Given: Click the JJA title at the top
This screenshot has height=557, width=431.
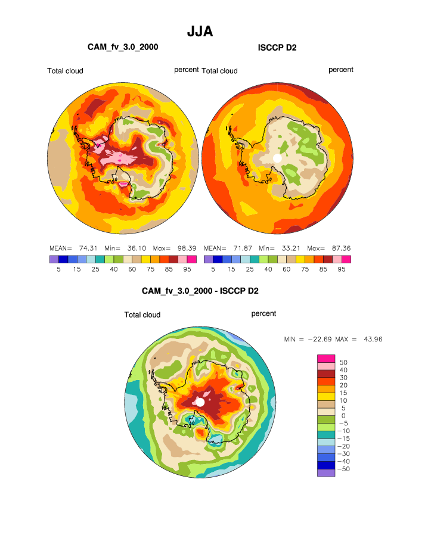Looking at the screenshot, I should pos(200,32).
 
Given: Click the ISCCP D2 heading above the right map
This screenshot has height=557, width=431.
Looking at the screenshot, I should pos(277,47).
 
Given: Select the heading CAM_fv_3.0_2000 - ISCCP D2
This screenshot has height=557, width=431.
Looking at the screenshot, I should pos(200,291).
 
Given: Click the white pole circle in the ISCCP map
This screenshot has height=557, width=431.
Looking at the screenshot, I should pos(277,158).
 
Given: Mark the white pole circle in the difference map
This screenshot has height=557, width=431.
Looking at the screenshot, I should pos(200,403).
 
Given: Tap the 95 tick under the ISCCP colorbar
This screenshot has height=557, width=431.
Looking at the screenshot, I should pos(342,269).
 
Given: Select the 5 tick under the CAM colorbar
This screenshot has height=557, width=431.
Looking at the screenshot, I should pos(54,269).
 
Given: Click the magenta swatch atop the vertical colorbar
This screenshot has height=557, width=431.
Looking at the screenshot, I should pos(326,358).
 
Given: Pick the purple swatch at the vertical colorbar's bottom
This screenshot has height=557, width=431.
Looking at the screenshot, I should pos(326,473).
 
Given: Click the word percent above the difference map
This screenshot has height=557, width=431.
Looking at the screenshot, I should pos(263,313).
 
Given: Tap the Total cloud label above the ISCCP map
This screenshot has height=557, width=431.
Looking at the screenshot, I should pos(219,71).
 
